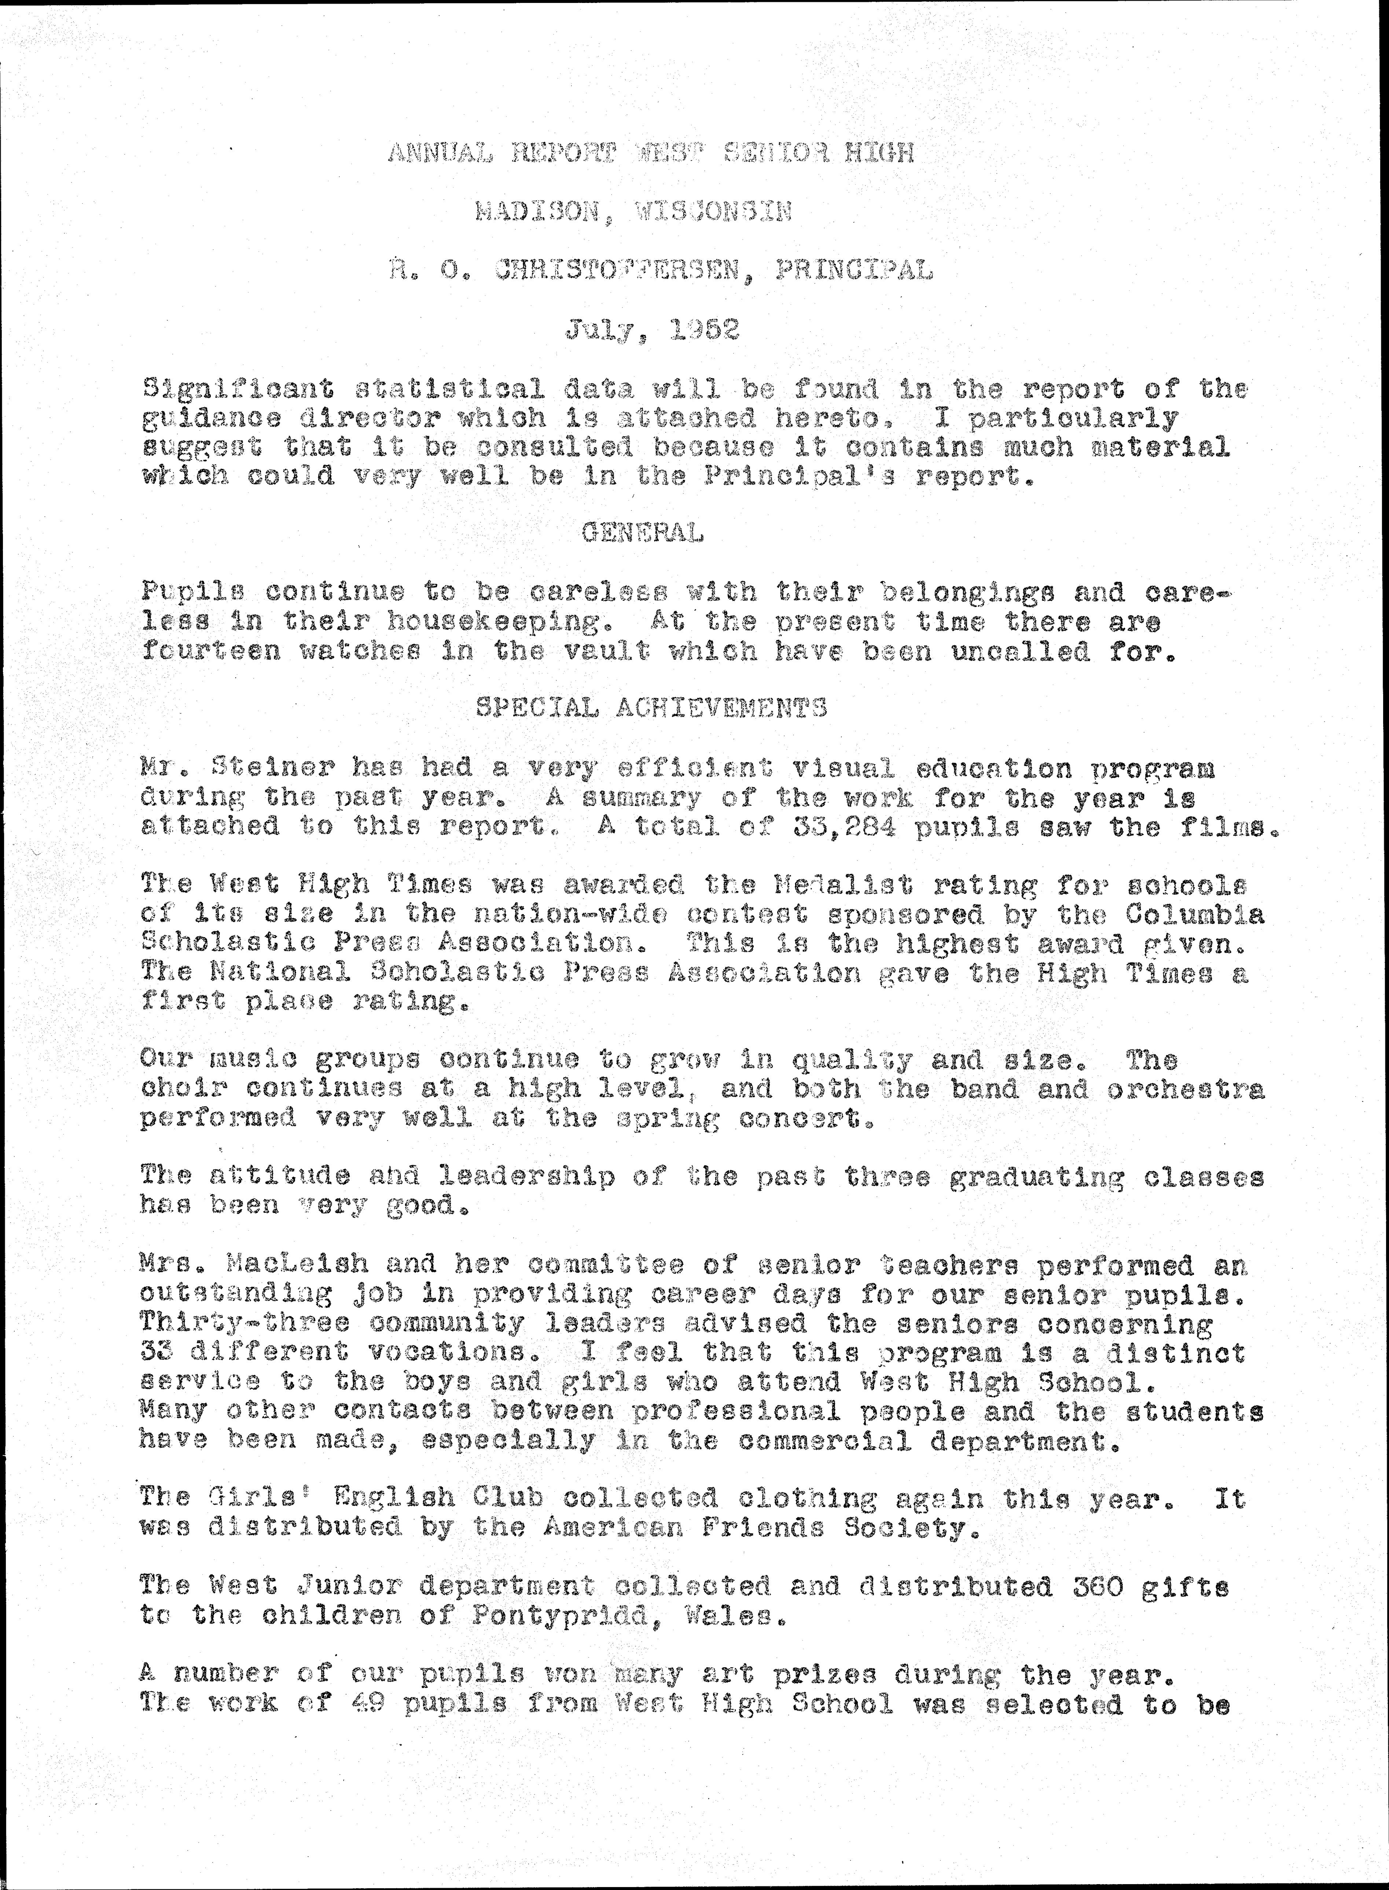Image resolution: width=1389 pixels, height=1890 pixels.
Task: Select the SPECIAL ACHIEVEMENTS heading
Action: pyautogui.click(x=651, y=709)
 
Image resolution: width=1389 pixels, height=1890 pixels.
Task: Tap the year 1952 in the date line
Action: pyautogui.click(x=705, y=329)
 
